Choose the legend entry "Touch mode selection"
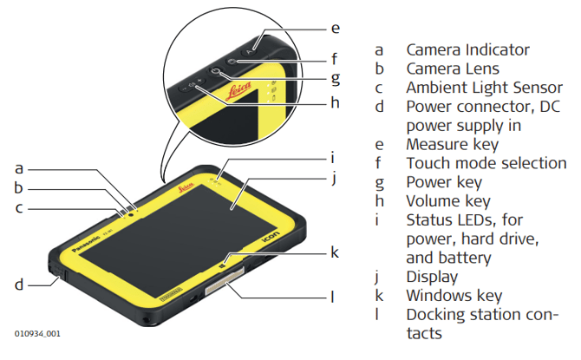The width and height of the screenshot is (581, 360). [486, 162]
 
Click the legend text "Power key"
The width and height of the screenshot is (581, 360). [444, 181]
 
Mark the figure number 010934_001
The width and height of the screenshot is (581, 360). [37, 333]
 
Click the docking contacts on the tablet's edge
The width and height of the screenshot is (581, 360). [220, 286]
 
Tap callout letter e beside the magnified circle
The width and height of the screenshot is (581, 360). [334, 28]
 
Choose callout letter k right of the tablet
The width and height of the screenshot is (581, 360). [334, 252]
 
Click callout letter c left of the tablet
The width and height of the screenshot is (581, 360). [18, 207]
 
